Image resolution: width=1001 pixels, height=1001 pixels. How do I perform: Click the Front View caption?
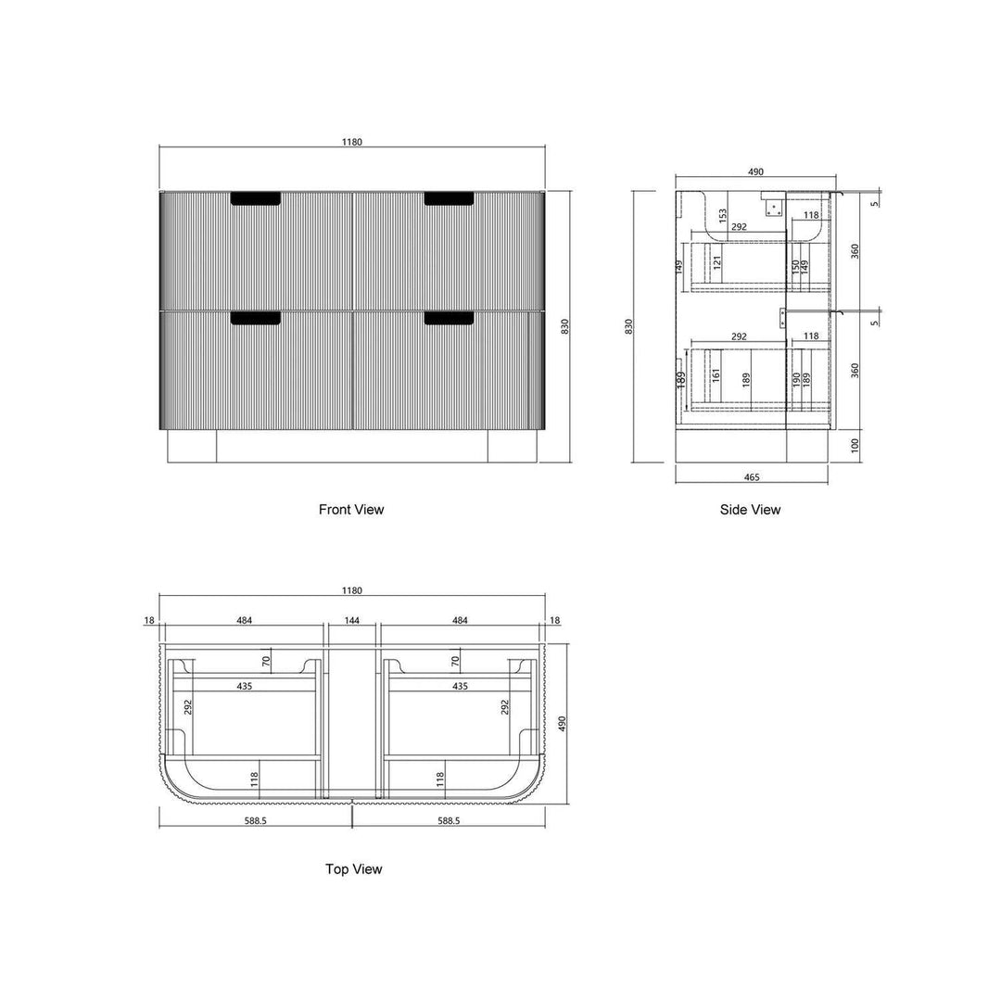tap(351, 510)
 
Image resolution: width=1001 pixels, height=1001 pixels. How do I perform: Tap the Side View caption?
tap(750, 510)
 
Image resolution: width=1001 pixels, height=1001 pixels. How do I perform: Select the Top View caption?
tap(354, 868)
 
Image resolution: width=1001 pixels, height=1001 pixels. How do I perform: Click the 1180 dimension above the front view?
tap(352, 142)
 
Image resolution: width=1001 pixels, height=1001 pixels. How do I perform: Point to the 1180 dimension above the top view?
tap(352, 590)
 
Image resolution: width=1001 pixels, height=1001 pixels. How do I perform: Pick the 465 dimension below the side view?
tap(752, 477)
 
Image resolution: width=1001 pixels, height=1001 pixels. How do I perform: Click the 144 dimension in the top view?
tap(352, 620)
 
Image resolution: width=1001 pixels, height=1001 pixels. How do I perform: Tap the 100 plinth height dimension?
tap(855, 445)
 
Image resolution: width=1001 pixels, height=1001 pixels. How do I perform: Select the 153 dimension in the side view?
tap(723, 216)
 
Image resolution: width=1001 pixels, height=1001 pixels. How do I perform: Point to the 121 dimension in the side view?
tap(716, 261)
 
